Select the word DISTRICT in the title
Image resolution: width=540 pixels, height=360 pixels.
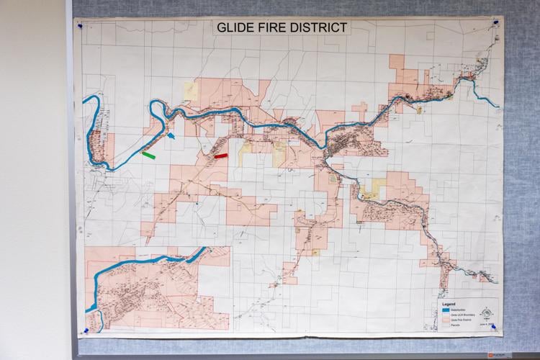click(322, 28)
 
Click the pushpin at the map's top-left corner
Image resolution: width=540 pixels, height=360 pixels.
click(80, 26)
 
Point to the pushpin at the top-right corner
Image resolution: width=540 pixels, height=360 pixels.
click(495, 25)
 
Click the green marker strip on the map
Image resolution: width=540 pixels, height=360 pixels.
click(149, 155)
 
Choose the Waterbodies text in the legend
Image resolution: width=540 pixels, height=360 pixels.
click(459, 310)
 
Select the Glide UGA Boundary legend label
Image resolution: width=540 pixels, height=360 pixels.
click(462, 315)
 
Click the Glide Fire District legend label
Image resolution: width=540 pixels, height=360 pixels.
click(462, 319)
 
